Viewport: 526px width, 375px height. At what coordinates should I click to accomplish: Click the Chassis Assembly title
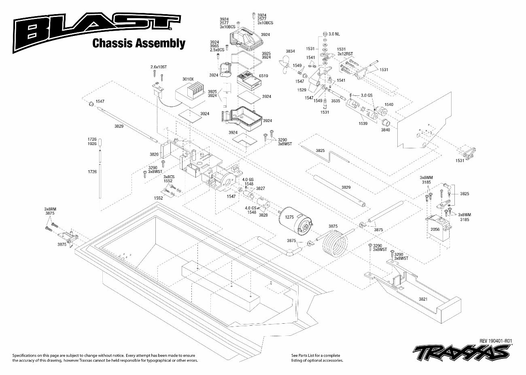click(139, 43)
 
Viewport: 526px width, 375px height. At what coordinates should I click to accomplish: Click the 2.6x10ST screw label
click(159, 66)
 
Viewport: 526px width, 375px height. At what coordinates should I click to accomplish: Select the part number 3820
click(154, 154)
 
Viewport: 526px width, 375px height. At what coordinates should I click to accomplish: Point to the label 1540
click(388, 105)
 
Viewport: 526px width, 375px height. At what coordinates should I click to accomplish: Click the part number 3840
click(385, 130)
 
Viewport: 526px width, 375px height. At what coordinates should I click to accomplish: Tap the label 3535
click(335, 100)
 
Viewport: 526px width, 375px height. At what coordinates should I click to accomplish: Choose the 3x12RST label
click(344, 54)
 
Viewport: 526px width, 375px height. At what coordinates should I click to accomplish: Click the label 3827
click(261, 188)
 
